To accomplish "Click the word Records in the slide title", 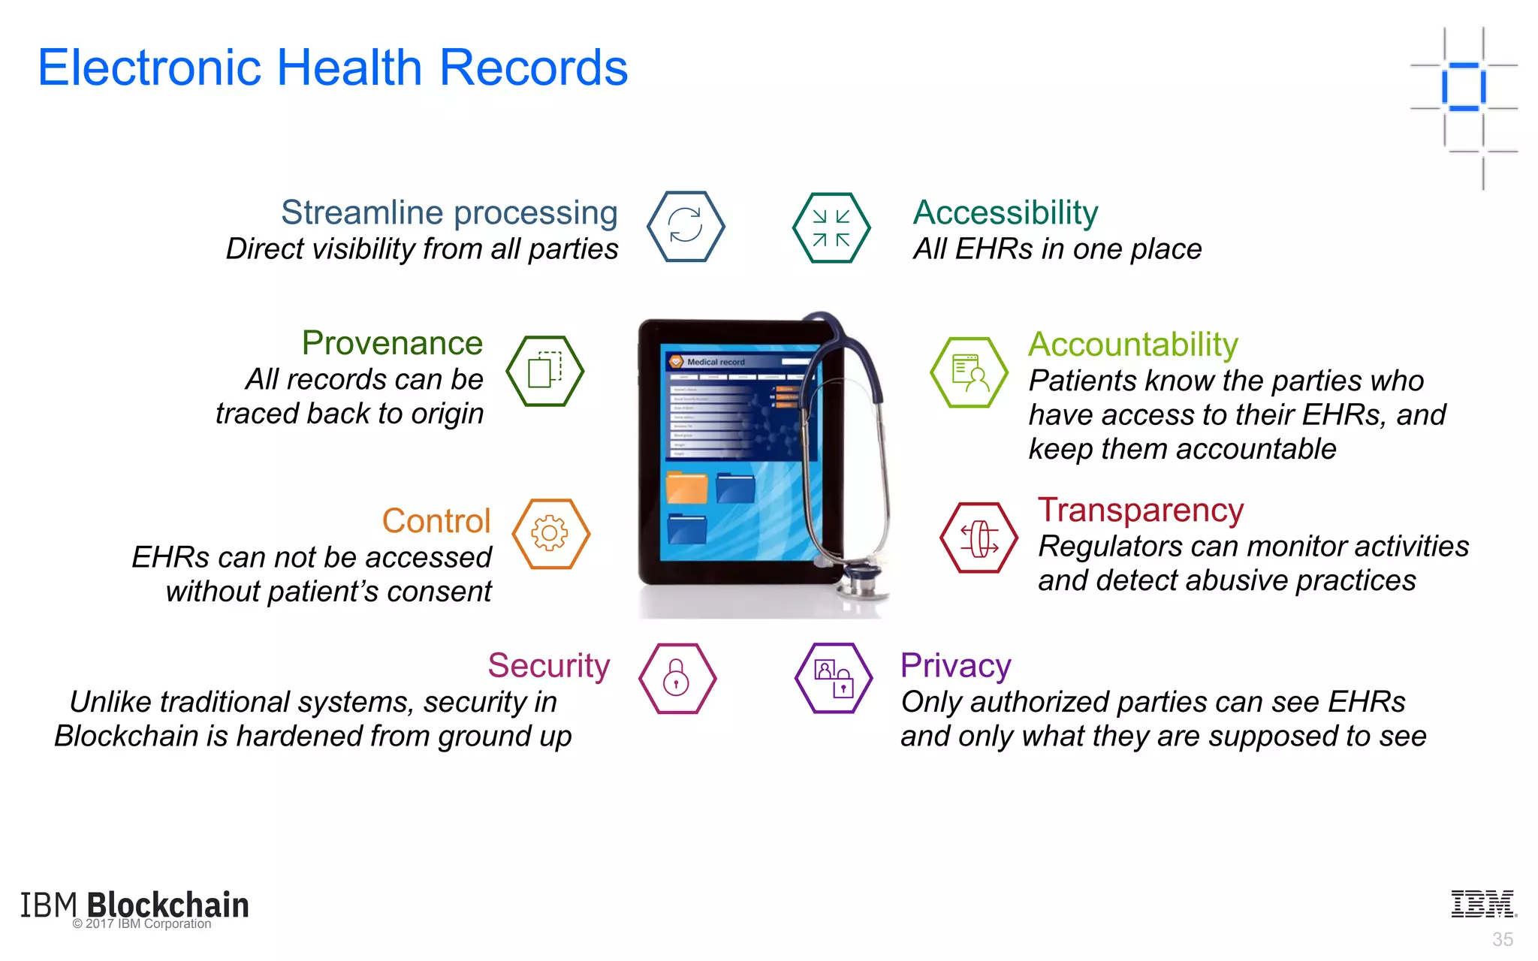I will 532,68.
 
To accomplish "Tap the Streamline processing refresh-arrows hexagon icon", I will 686,226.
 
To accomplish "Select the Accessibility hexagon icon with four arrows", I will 831,227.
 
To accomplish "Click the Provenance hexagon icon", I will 545,371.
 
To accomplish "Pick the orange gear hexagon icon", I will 550,534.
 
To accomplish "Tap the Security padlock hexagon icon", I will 677,678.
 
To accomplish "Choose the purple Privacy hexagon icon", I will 834,678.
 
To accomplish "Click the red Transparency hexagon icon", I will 979,538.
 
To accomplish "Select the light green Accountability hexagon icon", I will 969,372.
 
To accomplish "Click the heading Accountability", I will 1132,345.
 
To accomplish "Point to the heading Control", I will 436,520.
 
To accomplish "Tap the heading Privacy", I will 955,665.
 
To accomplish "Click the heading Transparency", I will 1140,510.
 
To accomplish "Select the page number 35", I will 1502,939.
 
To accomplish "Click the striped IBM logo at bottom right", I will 1483,904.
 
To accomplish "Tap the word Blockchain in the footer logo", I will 168,905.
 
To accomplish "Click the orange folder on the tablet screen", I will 686,488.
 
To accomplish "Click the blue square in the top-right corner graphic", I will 1464,87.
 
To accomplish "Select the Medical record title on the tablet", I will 715,362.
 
